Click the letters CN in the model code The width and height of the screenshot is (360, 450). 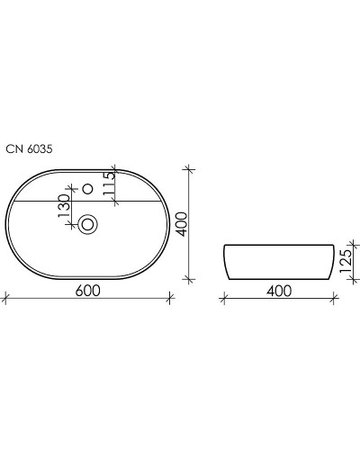[x=13, y=151]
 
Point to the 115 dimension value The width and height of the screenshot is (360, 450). [x=109, y=184]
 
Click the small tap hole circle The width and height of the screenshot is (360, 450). [x=88, y=190]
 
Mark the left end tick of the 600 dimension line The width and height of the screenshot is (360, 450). [x=5, y=299]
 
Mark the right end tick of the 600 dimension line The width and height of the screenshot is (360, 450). [x=170, y=299]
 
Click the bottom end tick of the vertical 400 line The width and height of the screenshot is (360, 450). [x=189, y=278]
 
